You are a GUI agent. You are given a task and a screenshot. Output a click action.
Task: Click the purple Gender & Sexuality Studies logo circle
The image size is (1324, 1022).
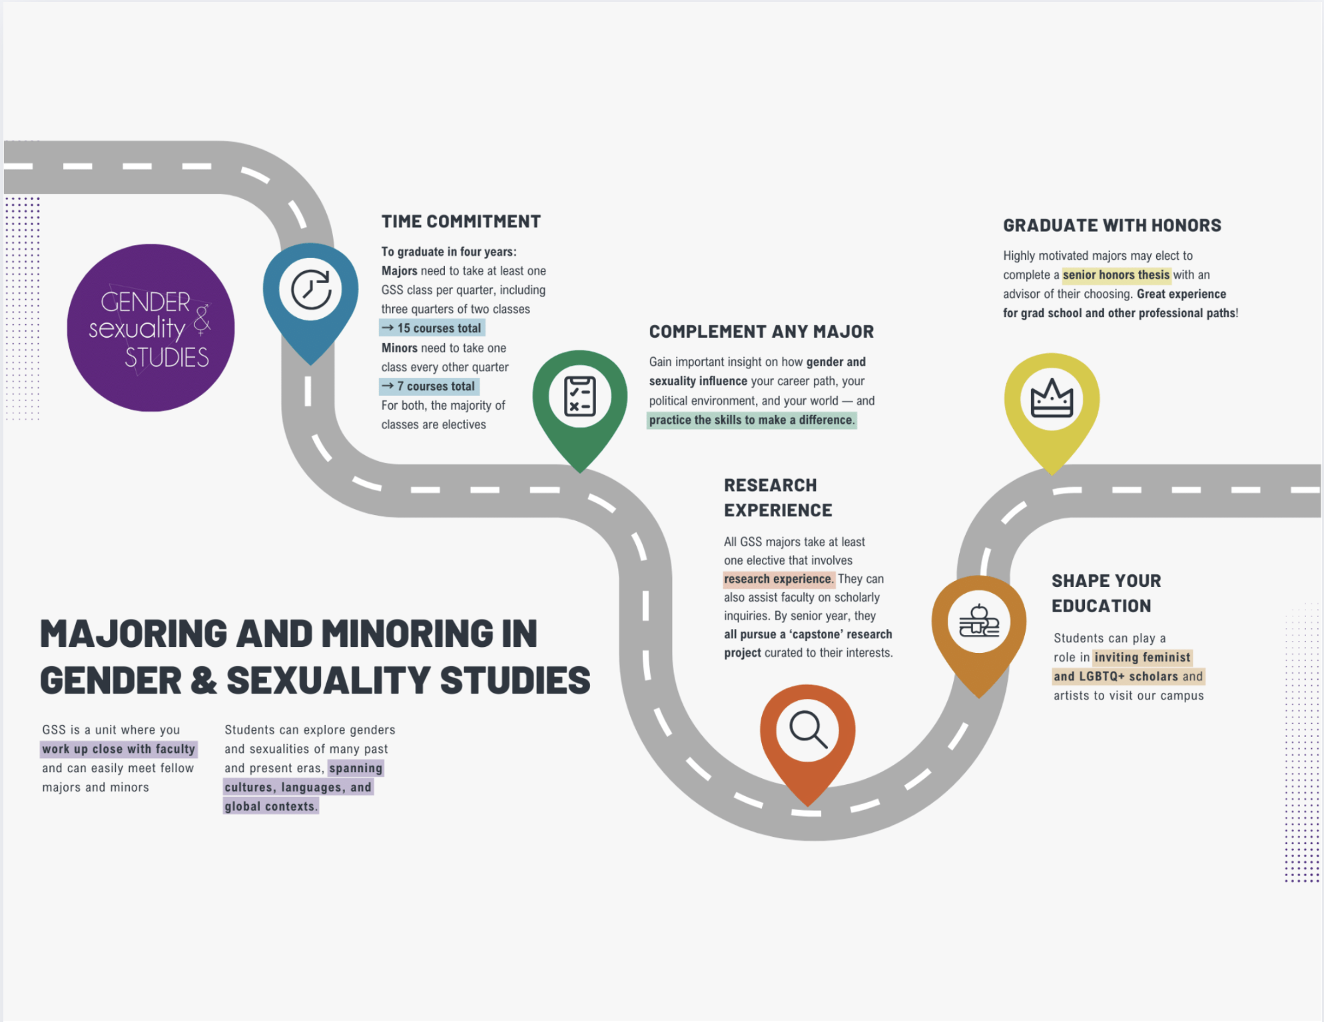click(x=151, y=328)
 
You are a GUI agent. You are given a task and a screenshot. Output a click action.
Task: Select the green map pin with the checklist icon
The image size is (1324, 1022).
click(x=580, y=398)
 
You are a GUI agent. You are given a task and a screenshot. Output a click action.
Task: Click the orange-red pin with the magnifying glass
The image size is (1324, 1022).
click(x=808, y=731)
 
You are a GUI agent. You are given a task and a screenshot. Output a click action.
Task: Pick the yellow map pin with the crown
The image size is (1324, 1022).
click(x=1052, y=400)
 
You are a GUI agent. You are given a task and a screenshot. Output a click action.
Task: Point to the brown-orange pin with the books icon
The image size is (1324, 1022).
click(x=978, y=622)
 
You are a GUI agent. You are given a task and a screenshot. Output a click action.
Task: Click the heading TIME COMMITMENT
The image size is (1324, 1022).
click(x=461, y=222)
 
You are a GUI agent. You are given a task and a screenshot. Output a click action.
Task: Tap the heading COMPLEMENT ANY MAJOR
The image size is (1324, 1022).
click(x=761, y=332)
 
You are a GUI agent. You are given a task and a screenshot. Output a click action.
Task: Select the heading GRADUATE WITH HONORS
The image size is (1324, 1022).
click(x=1112, y=226)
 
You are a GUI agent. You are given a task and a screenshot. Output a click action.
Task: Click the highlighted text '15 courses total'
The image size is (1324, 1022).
click(x=438, y=328)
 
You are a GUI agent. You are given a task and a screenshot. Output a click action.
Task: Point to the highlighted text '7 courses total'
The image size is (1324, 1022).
click(x=436, y=386)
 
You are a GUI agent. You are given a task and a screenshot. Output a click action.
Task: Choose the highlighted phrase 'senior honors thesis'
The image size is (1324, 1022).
click(x=1116, y=275)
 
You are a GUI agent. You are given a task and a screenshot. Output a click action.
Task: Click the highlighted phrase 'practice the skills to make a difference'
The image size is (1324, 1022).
click(x=751, y=420)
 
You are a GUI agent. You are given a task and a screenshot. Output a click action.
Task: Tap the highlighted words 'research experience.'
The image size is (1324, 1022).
click(x=778, y=579)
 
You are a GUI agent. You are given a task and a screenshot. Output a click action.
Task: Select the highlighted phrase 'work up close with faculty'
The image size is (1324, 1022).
click(x=119, y=750)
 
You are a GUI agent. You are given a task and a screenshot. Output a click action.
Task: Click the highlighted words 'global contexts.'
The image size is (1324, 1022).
click(x=270, y=807)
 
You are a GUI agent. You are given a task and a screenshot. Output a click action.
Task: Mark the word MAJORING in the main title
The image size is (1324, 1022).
click(x=133, y=634)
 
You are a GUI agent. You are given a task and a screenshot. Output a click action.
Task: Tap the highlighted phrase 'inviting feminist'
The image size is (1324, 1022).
click(x=1142, y=658)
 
